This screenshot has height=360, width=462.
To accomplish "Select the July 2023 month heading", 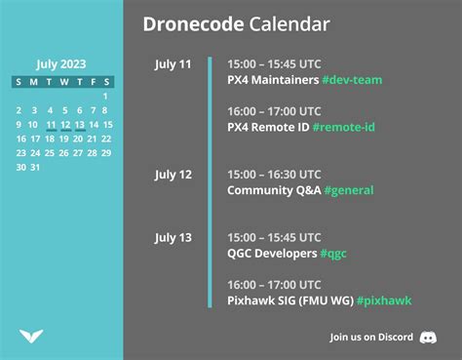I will (61, 64).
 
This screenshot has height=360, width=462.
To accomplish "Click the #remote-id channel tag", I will (349, 128).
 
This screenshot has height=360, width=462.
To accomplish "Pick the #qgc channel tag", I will (332, 253).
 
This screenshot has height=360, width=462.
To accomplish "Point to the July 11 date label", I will (173, 64).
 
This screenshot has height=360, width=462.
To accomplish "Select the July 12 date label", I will (173, 175).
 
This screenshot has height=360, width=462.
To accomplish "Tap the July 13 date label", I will (173, 237).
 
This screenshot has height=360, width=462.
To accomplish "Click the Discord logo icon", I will (428, 338).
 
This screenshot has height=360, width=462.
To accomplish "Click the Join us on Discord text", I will (372, 338).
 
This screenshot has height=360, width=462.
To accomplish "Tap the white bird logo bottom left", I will (31, 337).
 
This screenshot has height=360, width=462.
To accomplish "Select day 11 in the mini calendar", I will (51, 125).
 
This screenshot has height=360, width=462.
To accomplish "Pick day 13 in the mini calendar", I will (80, 125).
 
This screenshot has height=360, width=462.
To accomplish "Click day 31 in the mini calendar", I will (36, 167).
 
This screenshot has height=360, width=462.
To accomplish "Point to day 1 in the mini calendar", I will (104, 97).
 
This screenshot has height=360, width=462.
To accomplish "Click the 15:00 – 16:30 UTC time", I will (274, 175).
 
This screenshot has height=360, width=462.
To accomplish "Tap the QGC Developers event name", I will (271, 253).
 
